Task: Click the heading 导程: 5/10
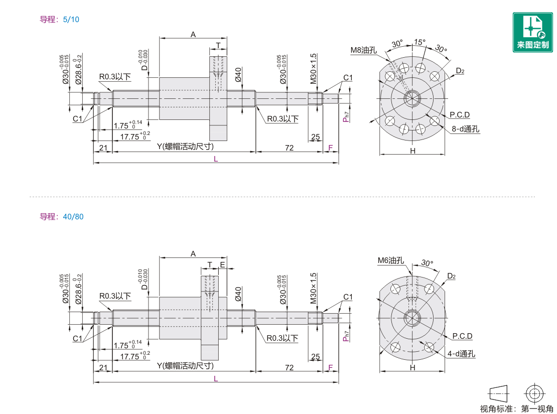point(60,20)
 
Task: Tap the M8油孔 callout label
point(363,50)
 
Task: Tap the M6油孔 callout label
point(390,260)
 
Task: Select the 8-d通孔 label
point(465,129)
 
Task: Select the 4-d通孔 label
point(461,354)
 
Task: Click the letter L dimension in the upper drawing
point(216,159)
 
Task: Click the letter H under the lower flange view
point(412,368)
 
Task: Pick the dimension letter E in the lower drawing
point(222,264)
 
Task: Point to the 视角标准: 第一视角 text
point(516,408)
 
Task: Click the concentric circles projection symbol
point(534,392)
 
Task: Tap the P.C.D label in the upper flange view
point(460,114)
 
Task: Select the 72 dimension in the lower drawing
point(289,368)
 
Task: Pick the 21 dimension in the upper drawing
point(103,147)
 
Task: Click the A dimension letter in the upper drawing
point(193,34)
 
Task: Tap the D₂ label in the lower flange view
point(451,276)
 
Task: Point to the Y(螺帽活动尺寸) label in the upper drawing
point(185,147)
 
